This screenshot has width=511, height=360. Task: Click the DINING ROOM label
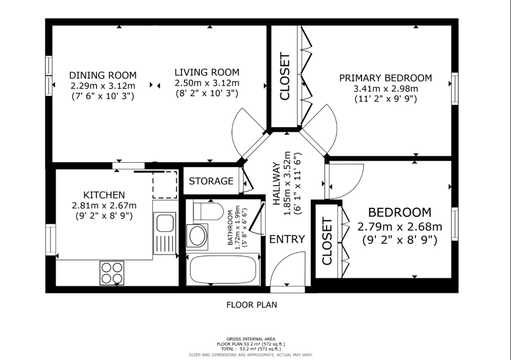(x=103, y=75)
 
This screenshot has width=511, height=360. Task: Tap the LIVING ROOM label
(x=207, y=72)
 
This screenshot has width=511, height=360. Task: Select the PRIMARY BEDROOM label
(x=385, y=78)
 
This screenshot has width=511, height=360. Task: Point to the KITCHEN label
(x=104, y=195)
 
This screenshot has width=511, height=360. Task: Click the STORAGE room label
(x=211, y=181)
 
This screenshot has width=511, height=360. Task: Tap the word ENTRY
(x=287, y=239)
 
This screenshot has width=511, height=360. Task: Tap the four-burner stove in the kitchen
(x=112, y=273)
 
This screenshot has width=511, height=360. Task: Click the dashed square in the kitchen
(x=165, y=184)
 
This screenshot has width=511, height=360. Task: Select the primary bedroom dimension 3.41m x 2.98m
(x=385, y=89)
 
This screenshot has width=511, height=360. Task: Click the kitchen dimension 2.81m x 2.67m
(x=104, y=206)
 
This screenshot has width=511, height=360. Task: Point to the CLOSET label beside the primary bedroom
(x=285, y=76)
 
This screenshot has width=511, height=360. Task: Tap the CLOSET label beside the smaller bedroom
(x=327, y=241)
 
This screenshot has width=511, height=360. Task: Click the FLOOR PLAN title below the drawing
(x=252, y=305)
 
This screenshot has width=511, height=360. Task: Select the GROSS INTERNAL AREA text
(x=251, y=339)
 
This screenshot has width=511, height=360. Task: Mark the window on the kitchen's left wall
(x=50, y=240)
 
